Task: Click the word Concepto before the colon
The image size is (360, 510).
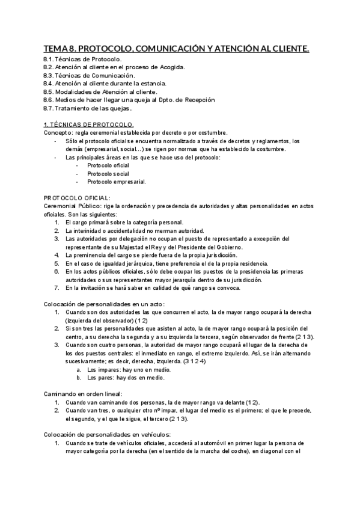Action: (57, 132)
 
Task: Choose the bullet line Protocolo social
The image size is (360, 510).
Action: (108, 173)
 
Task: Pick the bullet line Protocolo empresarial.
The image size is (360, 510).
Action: (116, 181)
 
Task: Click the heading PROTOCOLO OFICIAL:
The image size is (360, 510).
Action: (77, 198)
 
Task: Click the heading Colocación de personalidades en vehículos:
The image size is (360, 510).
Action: (115, 434)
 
